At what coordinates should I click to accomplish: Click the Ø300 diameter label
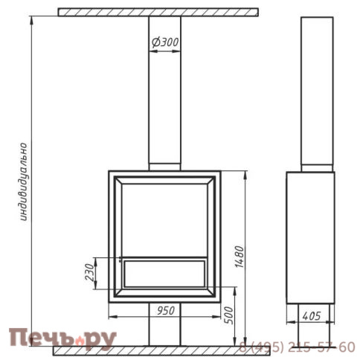click(x=165, y=42)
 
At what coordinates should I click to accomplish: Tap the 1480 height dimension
click(x=240, y=257)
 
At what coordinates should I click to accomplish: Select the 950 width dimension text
click(x=166, y=310)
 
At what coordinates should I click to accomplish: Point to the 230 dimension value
click(x=89, y=272)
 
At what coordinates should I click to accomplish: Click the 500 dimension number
click(x=229, y=315)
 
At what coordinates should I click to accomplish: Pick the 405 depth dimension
click(x=312, y=316)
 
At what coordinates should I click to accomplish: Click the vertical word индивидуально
click(x=24, y=181)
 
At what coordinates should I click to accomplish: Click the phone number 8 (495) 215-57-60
click(x=297, y=347)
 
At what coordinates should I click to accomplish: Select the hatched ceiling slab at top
click(x=158, y=12)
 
